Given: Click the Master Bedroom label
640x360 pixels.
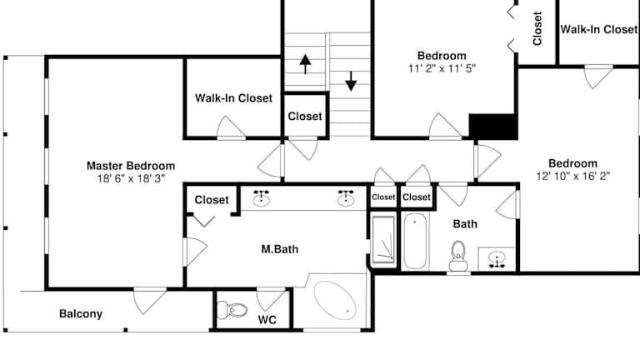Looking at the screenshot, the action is pos(131,166).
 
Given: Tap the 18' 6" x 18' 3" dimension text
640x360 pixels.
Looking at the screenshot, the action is pos(131,178).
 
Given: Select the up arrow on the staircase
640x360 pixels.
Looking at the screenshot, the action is pos(305,64).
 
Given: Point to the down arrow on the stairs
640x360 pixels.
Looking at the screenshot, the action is pos(351,81).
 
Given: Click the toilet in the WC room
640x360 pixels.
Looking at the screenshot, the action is pos(232,310).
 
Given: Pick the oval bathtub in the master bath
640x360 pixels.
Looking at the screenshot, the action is pos(335,300).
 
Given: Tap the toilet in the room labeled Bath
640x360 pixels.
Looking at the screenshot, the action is pos(458,256).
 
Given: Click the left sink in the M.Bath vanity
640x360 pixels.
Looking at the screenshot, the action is pos(261,197).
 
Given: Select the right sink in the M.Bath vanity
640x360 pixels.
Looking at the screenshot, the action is pos(346,197).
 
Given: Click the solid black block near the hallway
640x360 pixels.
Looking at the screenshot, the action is pos(493,127).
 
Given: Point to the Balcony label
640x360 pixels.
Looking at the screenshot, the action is pos(81,314).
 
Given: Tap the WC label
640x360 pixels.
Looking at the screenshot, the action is pos(267,320).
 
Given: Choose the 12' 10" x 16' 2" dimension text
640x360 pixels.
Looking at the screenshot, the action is pos(573,176).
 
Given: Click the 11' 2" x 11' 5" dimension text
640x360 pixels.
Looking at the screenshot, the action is pos(442,68).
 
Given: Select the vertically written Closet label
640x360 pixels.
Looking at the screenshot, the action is pos(537,28).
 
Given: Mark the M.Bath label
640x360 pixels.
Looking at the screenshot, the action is pos(280,249).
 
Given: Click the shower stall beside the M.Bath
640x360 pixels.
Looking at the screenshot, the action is pos(383,240).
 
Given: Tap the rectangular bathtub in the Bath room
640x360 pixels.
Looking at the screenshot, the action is pos(415,241).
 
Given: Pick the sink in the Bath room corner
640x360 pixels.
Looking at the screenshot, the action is pos(497,259).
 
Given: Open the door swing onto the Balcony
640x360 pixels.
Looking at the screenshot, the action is pos(149,300).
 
